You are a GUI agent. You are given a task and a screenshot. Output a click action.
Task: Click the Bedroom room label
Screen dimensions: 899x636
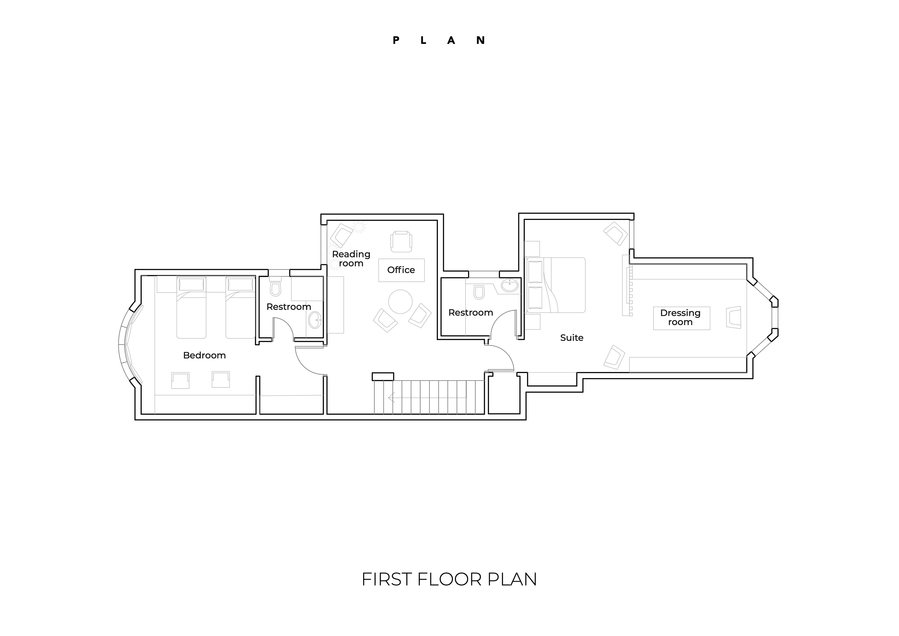click(204, 355)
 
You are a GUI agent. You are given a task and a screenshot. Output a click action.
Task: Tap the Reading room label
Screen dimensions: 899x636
click(351, 259)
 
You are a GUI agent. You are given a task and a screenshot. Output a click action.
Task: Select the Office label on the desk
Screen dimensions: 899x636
click(401, 270)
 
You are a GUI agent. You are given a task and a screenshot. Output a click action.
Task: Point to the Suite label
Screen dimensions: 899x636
click(572, 338)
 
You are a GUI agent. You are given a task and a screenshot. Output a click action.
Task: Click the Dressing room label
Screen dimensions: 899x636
click(681, 317)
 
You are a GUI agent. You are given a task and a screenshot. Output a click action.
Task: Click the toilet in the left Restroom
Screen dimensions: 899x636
click(276, 288)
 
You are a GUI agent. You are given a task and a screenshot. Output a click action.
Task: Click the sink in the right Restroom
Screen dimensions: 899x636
click(509, 285)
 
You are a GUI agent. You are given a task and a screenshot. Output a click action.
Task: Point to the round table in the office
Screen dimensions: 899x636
click(400, 301)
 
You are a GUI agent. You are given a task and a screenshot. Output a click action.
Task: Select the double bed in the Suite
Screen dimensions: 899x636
click(556, 285)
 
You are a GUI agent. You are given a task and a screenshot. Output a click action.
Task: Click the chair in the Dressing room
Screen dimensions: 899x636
click(734, 317)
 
